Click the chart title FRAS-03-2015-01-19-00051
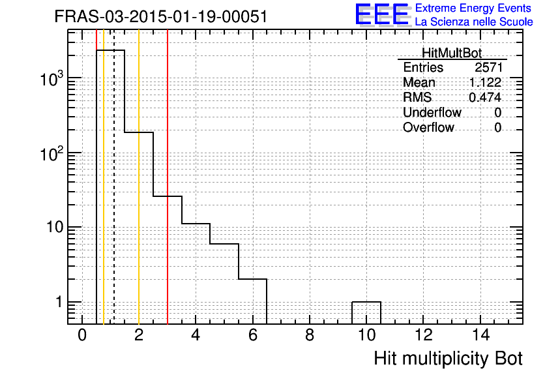[161, 16]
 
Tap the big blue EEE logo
[382, 14]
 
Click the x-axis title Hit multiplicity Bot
[448, 359]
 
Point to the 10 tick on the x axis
[366, 335]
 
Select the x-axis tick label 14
[480, 335]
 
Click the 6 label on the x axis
[253, 335]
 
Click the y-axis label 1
[59, 302]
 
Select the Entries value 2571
[488, 67]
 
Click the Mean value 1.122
[485, 82]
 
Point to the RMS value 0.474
[485, 97]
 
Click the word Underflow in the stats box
[432, 112]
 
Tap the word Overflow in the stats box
[428, 127]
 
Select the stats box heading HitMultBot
[452, 53]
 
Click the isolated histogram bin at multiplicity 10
[366, 302]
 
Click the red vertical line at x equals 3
[168, 177]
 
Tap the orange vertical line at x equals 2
[139, 177]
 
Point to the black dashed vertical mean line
[114, 177]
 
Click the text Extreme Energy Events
[473, 8]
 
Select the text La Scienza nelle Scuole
[474, 22]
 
